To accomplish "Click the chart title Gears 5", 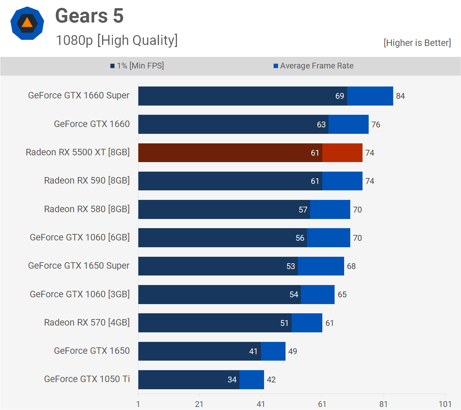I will pos(89,16).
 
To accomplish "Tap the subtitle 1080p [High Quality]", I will pos(117,40).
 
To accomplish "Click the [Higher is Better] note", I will pos(417,43).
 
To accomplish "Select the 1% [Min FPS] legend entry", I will pos(137,66).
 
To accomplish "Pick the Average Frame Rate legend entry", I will pos(313,66).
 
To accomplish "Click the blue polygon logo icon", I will pos(27,23).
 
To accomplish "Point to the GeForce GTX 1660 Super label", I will pos(79,95).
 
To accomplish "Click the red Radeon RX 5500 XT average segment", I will pos(342,153).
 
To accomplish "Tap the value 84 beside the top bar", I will pos(400,96).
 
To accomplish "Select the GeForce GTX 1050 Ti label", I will pos(87,379).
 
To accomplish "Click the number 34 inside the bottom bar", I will pos(232,380).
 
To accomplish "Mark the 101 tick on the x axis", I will pos(445,404).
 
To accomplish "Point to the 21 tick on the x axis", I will pos(199,404).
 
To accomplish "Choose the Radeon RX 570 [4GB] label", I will pos(87,322).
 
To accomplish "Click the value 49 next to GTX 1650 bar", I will pos(293,351).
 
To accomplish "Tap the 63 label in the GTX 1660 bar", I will pos(321,125).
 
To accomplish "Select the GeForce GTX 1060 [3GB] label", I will pos(80,294).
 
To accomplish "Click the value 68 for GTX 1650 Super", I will pos(351,266).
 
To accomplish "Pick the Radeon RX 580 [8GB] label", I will pos(87,209).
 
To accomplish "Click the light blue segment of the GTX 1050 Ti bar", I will pos(251,380).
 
